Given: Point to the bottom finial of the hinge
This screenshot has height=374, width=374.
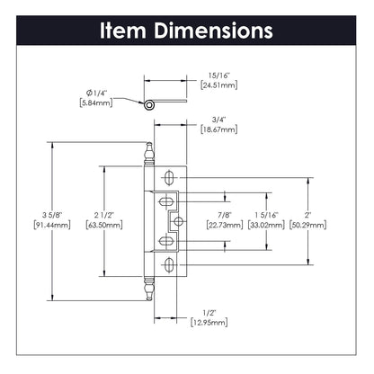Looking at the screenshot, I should pos(149,288).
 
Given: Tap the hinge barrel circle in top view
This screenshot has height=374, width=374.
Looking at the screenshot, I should pos(147,106).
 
